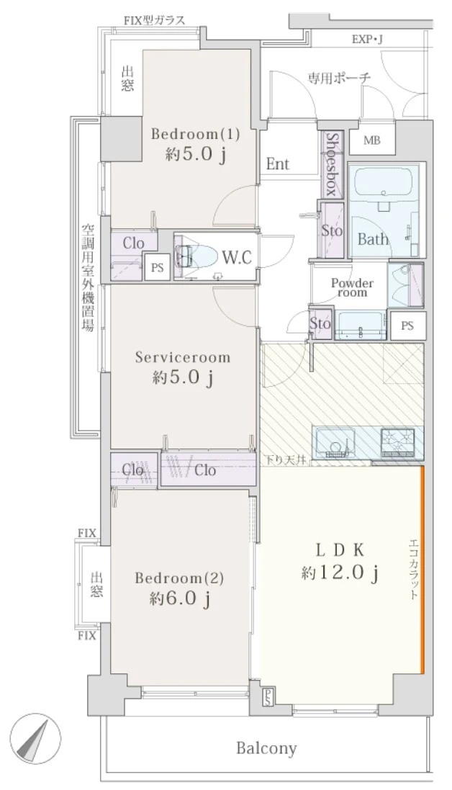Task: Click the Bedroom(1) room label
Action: coord(195,135)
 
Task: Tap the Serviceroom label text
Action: coord(183,357)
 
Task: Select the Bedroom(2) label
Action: coord(179,578)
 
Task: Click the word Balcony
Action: coord(266,749)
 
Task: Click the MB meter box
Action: coord(371,140)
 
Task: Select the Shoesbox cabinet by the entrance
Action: coord(332,164)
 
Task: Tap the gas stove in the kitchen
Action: coord(397,442)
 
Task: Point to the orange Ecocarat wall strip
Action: coord(422,570)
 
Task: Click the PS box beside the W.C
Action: coord(158,267)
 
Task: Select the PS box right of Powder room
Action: coord(407,326)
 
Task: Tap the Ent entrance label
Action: coord(278,163)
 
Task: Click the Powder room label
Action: coord(352,287)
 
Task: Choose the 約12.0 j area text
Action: coord(340,573)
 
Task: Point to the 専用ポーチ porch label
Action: coord(339,78)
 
